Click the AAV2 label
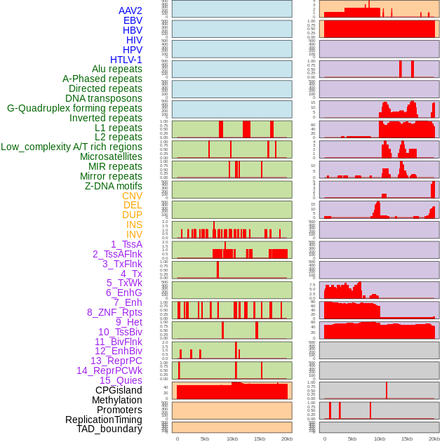coord(130,11)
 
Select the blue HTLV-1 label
coord(126,60)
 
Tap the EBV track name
coord(133,20)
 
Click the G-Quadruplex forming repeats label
coord(74,108)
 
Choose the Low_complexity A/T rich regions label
coord(72,147)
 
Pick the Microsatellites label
coord(111,156)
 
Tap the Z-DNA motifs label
coord(113,186)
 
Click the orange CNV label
coord(132,196)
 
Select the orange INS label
coord(134,225)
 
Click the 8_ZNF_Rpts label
coord(114,312)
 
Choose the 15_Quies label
coord(121,380)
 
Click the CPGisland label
coord(119,390)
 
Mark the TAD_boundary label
coord(109,429)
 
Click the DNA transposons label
coord(104,98)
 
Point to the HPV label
coord(132,50)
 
